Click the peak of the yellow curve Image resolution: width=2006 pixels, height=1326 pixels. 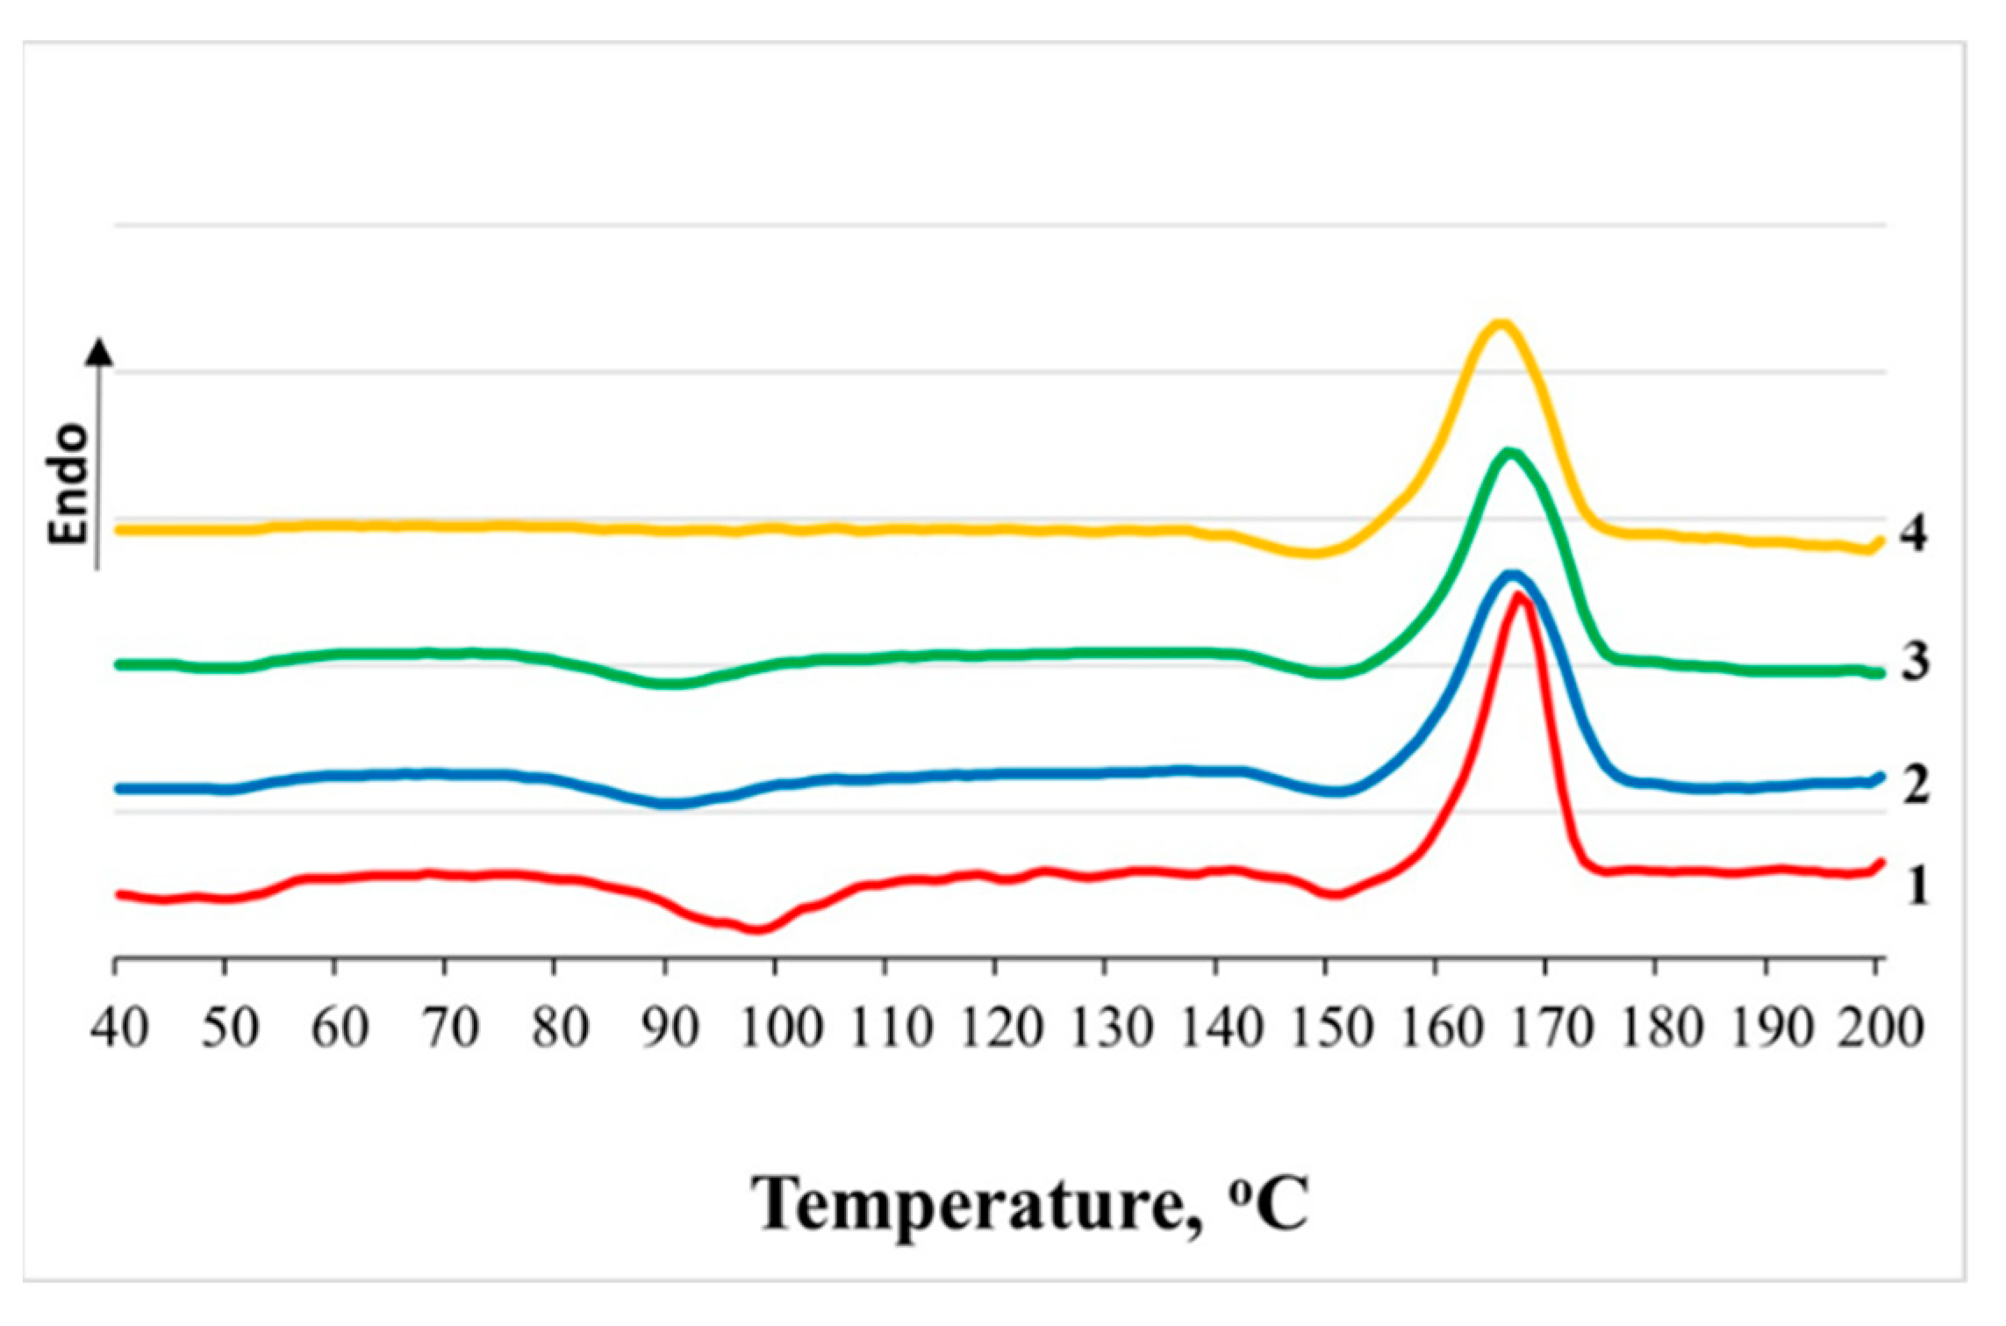(x=1500, y=324)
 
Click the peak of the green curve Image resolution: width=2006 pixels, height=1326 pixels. (x=1508, y=453)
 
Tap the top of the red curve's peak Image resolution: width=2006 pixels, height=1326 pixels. (x=1518, y=597)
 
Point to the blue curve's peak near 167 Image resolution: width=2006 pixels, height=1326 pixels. (x=1511, y=576)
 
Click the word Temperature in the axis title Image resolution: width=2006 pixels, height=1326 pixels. (x=965, y=1205)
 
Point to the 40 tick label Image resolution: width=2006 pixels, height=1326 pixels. (x=119, y=1028)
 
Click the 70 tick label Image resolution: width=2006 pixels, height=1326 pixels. (x=449, y=1028)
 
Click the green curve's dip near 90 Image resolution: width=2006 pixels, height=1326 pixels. (x=671, y=684)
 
